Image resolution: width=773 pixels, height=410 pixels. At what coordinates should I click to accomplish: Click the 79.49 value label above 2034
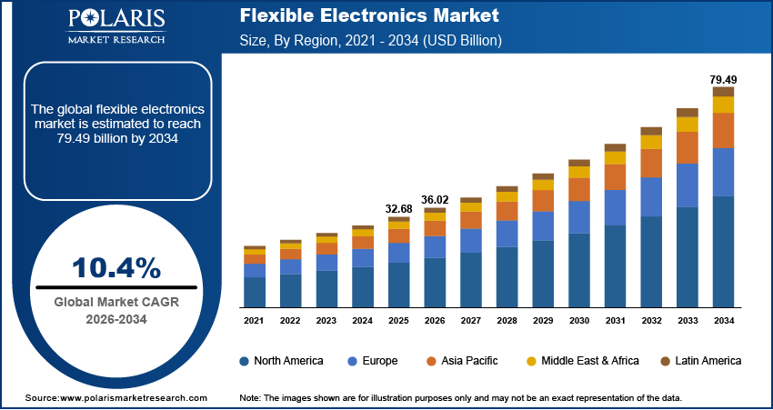pos(723,79)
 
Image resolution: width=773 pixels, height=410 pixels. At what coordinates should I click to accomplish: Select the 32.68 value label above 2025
pos(399,209)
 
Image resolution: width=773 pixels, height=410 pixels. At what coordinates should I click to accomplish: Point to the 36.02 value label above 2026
pos(436,199)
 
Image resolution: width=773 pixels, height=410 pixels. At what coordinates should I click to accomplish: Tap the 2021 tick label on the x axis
pos(255,321)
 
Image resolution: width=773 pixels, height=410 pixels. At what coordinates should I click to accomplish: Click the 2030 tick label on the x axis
pos(579,321)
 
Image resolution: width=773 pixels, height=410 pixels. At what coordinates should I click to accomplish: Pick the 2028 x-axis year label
pos(507,321)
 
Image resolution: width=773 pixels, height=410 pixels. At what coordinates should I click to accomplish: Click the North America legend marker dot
pos(245,361)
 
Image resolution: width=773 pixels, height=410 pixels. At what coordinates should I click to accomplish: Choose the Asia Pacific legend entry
pos(467,361)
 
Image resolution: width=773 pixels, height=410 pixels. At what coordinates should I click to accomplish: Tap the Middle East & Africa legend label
pos(590,361)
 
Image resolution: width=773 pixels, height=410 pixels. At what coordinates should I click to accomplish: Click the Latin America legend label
pos(708,361)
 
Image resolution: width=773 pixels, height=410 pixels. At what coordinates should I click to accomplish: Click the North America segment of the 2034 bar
pos(723,251)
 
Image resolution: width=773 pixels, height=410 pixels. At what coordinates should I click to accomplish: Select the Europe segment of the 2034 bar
pos(723,172)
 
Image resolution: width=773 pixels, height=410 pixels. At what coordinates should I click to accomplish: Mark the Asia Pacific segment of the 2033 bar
pos(688,147)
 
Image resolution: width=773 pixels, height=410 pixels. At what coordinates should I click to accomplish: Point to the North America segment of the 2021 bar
pos(255,292)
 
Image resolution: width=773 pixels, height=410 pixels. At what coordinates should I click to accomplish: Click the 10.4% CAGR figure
pos(116,267)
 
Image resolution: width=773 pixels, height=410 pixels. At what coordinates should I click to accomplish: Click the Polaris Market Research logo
pos(116,26)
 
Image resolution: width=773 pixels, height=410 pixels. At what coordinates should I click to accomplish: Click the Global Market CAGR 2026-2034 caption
pos(116,310)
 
